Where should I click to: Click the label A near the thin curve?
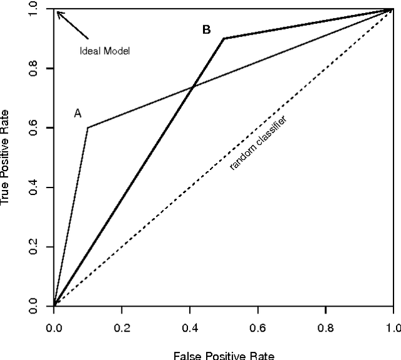click(x=78, y=114)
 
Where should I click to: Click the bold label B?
click(x=206, y=29)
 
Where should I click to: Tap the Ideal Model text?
click(x=105, y=51)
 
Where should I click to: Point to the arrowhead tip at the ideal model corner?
click(x=56, y=11)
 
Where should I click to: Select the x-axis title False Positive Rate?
click(x=224, y=354)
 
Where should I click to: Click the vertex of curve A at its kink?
click(x=88, y=127)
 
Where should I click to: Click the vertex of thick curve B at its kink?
click(x=224, y=38)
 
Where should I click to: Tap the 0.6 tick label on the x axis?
click(x=258, y=327)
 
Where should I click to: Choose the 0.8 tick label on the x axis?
click(x=325, y=327)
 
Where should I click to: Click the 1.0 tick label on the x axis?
click(x=392, y=327)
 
